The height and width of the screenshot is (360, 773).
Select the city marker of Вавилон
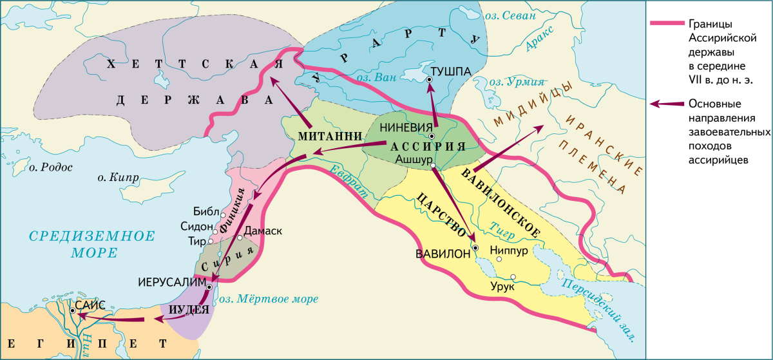(x=475, y=247)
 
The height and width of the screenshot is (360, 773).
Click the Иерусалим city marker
(x=209, y=286)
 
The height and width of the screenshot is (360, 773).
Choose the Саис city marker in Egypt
(x=73, y=310)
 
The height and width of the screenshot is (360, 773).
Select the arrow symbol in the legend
(x=664, y=103)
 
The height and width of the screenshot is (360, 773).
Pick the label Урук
(x=502, y=286)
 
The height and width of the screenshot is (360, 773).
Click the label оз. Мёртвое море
(x=269, y=299)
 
